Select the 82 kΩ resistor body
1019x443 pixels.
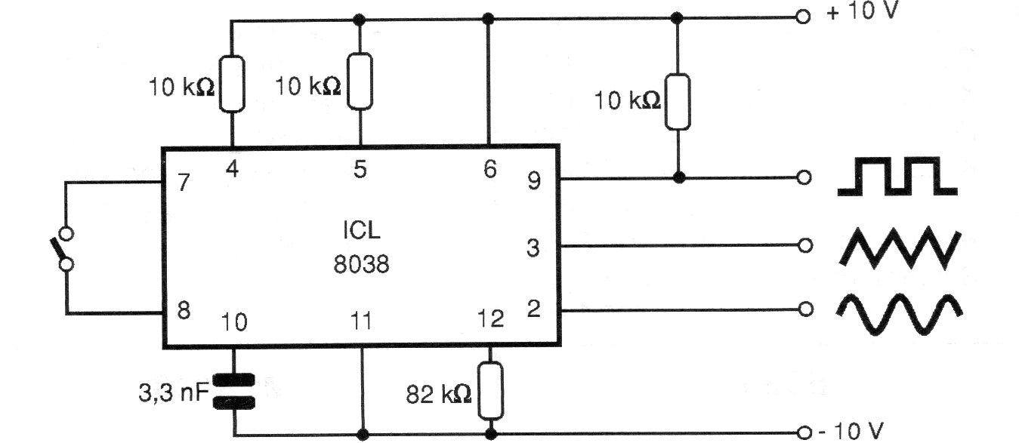490,390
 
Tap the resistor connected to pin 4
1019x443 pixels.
232,84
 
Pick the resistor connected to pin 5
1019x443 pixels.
360,82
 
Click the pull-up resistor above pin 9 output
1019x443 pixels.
678,102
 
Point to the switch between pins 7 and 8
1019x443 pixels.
63,249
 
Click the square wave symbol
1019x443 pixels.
897,177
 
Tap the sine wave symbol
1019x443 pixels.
900,315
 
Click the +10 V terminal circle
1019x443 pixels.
803,17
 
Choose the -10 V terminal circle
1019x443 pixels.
804,432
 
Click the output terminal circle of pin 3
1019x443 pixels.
805,246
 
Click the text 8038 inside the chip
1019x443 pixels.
361,264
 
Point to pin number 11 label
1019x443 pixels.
361,321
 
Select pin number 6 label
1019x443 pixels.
490,169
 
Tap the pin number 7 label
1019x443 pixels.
184,182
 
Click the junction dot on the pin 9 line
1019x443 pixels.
679,177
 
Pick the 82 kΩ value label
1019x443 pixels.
439,394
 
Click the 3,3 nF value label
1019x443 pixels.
174,392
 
